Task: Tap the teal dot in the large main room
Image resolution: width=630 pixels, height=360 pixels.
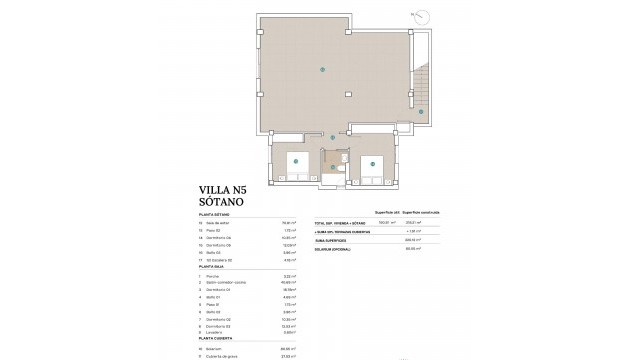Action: click(321, 69)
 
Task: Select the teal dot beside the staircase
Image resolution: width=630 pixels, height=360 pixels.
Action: click(421, 112)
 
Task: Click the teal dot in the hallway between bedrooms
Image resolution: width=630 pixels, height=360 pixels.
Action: click(333, 137)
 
